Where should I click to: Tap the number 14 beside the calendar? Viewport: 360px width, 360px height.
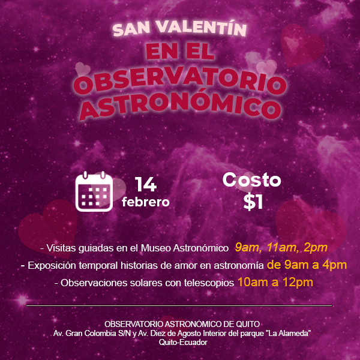tap(146, 184)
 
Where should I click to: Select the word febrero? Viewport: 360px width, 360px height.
tap(145, 202)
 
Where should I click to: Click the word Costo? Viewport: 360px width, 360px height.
tap(251, 180)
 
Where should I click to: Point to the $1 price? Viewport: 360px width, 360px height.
tap(253, 202)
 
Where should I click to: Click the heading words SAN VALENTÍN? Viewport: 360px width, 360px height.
tap(180, 28)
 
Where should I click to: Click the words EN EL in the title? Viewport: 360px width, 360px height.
tap(180, 52)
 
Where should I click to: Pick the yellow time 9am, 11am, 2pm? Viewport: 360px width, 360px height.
tap(281, 247)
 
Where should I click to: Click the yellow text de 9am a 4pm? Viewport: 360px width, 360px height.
tap(307, 265)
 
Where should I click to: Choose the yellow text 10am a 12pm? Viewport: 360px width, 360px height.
tap(275, 282)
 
